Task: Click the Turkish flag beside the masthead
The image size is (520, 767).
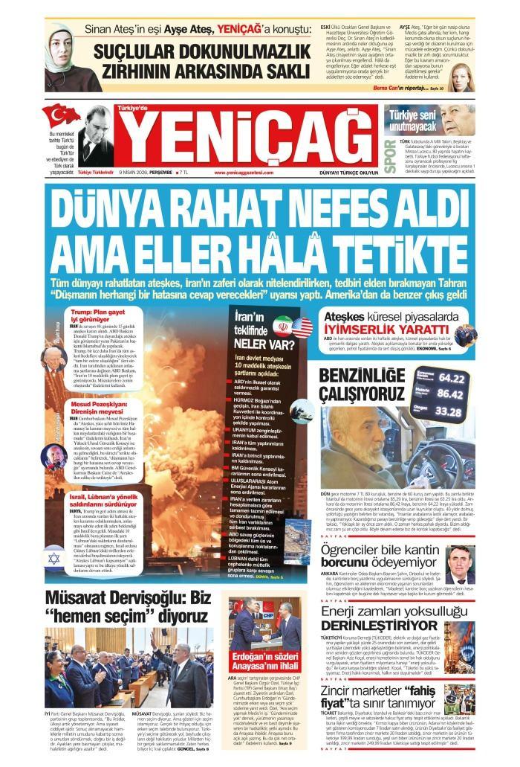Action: tap(59, 115)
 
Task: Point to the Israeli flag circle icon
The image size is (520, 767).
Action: tap(54, 557)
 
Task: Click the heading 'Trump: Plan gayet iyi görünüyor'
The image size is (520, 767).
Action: tap(97, 315)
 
